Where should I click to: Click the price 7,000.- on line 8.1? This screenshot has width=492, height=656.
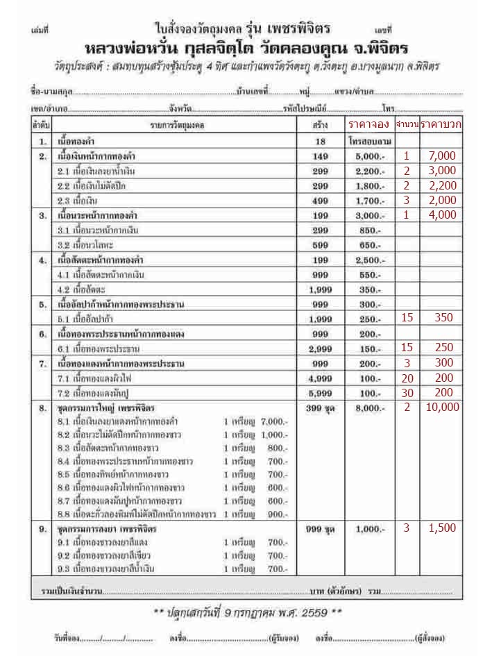[275, 421]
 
